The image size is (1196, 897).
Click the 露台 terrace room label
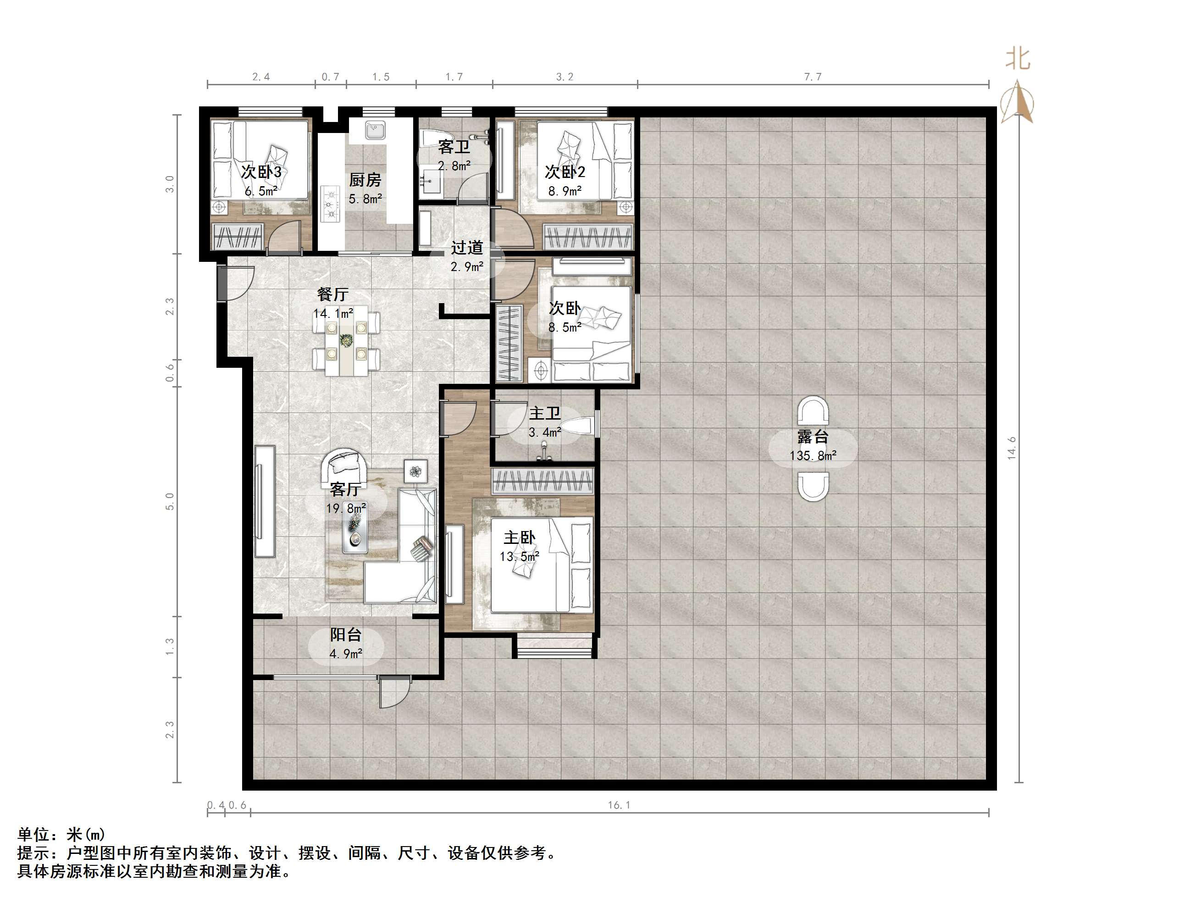point(813,436)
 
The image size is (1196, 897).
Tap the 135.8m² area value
point(813,456)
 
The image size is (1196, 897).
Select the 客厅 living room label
point(345,489)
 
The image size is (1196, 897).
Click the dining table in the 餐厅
point(346,341)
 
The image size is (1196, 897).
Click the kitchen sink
point(375,130)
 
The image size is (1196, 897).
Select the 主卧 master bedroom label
point(519,537)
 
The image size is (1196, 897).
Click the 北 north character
point(1018,58)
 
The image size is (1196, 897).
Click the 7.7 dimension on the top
point(813,77)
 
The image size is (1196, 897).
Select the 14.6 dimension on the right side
point(1011,448)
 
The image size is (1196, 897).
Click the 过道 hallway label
point(466,248)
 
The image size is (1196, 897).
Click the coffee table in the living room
point(355,532)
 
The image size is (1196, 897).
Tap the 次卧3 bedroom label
point(261,172)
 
